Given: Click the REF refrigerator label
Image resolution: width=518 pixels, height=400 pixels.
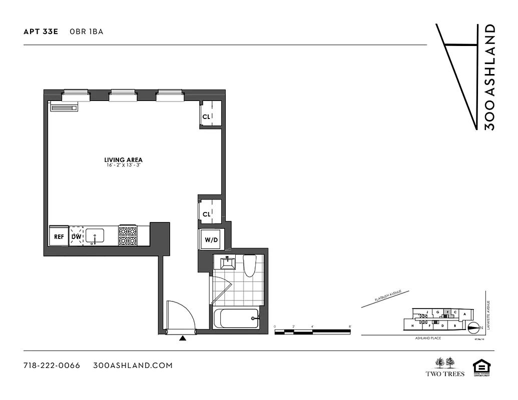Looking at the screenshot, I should (59, 236).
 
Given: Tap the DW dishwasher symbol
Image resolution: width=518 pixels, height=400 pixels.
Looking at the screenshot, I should (76, 236).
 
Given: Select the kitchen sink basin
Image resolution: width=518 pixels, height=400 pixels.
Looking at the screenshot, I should (95, 235).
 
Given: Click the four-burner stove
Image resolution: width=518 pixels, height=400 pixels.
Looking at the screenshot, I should (128, 235).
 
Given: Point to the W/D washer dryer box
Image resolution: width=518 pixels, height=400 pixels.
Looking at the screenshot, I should (211, 239).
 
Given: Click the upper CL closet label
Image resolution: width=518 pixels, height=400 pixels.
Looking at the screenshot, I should (206, 116).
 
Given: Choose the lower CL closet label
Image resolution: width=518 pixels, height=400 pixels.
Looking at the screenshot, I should (206, 214).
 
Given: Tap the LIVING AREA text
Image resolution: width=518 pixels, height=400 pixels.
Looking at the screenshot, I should (123, 160).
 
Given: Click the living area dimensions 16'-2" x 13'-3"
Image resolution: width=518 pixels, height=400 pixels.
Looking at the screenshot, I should (123, 165).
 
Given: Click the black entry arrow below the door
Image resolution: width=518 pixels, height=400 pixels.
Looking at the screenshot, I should (183, 338).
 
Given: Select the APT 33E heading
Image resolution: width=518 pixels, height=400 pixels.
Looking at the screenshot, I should (41, 31).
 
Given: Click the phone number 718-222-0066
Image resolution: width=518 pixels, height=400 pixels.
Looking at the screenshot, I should (52, 365).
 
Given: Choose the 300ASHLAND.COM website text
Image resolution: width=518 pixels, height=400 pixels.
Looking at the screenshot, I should (133, 365).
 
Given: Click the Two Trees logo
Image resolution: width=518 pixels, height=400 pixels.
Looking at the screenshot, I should (445, 366).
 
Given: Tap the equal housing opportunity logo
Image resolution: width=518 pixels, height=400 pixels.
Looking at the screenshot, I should (480, 366).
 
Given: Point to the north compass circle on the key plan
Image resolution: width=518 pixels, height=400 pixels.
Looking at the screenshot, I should (472, 328).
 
